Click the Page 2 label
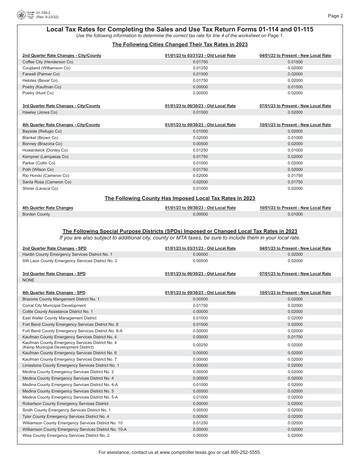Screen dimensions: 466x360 pyautogui.click(x=335, y=16)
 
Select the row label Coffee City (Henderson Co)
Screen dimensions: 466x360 pyautogui.click(x=48, y=62)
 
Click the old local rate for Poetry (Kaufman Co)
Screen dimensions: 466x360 pyautogui.click(x=200, y=87)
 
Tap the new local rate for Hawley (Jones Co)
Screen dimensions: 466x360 pyautogui.click(x=295, y=113)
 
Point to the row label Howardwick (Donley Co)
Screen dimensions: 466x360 pyautogui.click(x=45, y=150)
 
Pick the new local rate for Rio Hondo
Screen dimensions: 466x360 pyautogui.click(x=295, y=176)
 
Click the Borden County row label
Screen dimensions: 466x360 pyautogui.click(x=36, y=214)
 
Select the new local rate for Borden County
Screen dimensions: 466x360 pyautogui.click(x=295, y=214)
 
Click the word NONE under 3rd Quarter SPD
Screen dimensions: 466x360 pyautogui.click(x=28, y=280)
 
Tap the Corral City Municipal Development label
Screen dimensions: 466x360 pyautogui.click(x=54, y=306)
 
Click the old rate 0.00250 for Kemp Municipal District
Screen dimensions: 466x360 pyautogui.click(x=200, y=345)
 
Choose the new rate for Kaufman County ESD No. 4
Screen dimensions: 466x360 pyautogui.click(x=295, y=337)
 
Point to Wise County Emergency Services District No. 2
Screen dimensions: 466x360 pyautogui.click(x=66, y=436)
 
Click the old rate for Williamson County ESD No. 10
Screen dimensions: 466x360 pyautogui.click(x=200, y=423)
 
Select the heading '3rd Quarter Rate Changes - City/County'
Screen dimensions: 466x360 pyautogui.click(x=61, y=106)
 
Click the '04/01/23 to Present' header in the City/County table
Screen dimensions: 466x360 pyautogui.click(x=295, y=56)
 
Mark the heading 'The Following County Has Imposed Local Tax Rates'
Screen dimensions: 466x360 pyautogui.click(x=180, y=199)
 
